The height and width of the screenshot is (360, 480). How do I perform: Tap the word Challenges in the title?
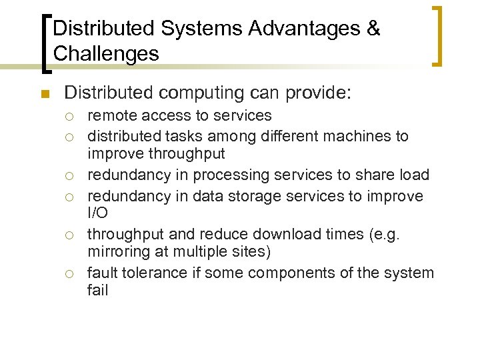click(x=106, y=53)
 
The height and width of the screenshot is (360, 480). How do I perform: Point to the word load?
click(x=415, y=175)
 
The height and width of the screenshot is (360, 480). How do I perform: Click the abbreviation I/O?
click(x=97, y=214)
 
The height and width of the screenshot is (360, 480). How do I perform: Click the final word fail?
click(x=97, y=291)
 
